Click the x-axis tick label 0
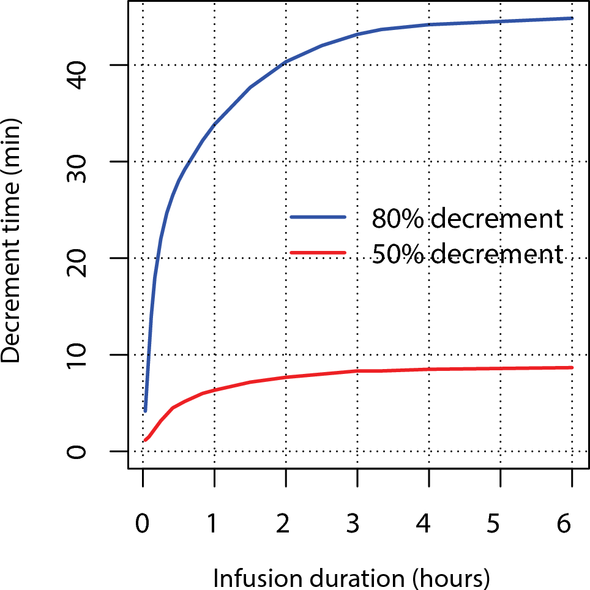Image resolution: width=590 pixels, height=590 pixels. pyautogui.click(x=143, y=525)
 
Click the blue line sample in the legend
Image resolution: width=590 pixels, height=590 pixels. pyautogui.click(x=318, y=217)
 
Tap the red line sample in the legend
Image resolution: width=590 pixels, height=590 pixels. pyautogui.click(x=318, y=252)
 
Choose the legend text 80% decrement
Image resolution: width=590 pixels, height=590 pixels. pyautogui.click(x=466, y=218)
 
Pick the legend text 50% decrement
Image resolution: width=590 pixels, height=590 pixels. pyautogui.click(x=466, y=253)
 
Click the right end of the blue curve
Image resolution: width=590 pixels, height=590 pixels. pyautogui.click(x=572, y=18)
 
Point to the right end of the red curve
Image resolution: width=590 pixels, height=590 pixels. pyautogui.click(x=572, y=367)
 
